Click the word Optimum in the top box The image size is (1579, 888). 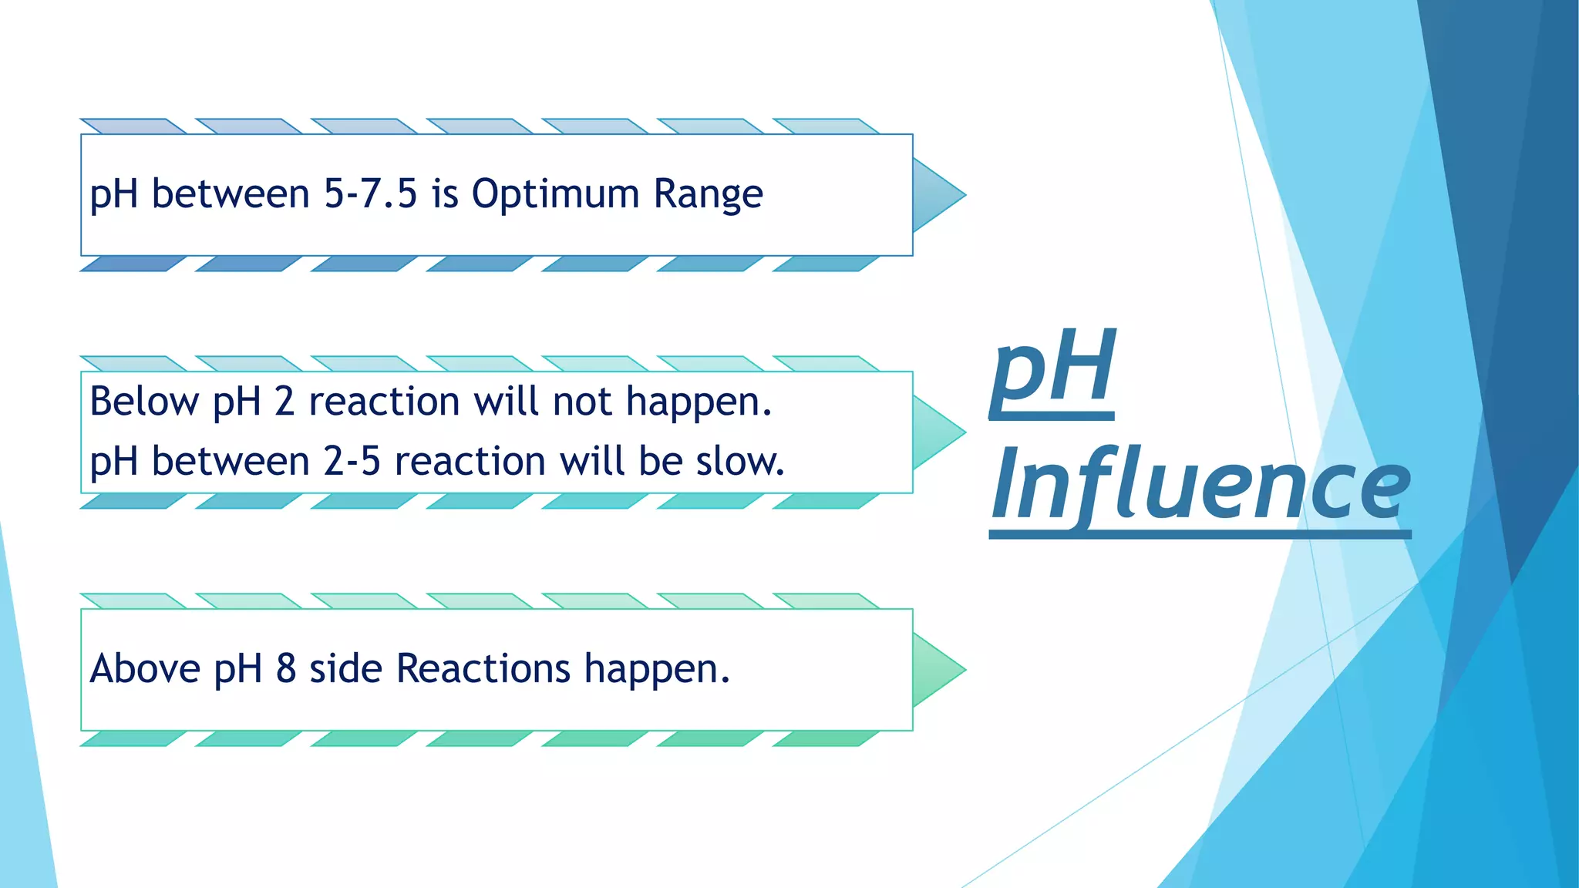tap(555, 194)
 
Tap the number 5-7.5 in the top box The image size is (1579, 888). tap(370, 193)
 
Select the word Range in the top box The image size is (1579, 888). tap(708, 194)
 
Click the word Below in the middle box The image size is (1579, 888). tap(144, 402)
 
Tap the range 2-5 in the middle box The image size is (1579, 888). tap(352, 461)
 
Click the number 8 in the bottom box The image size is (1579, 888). tap(286, 668)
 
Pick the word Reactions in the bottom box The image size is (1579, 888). tap(483, 668)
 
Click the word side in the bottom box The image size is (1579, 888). tap(345, 668)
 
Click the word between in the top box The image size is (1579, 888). tap(231, 193)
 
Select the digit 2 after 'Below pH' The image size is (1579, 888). tap(284, 402)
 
